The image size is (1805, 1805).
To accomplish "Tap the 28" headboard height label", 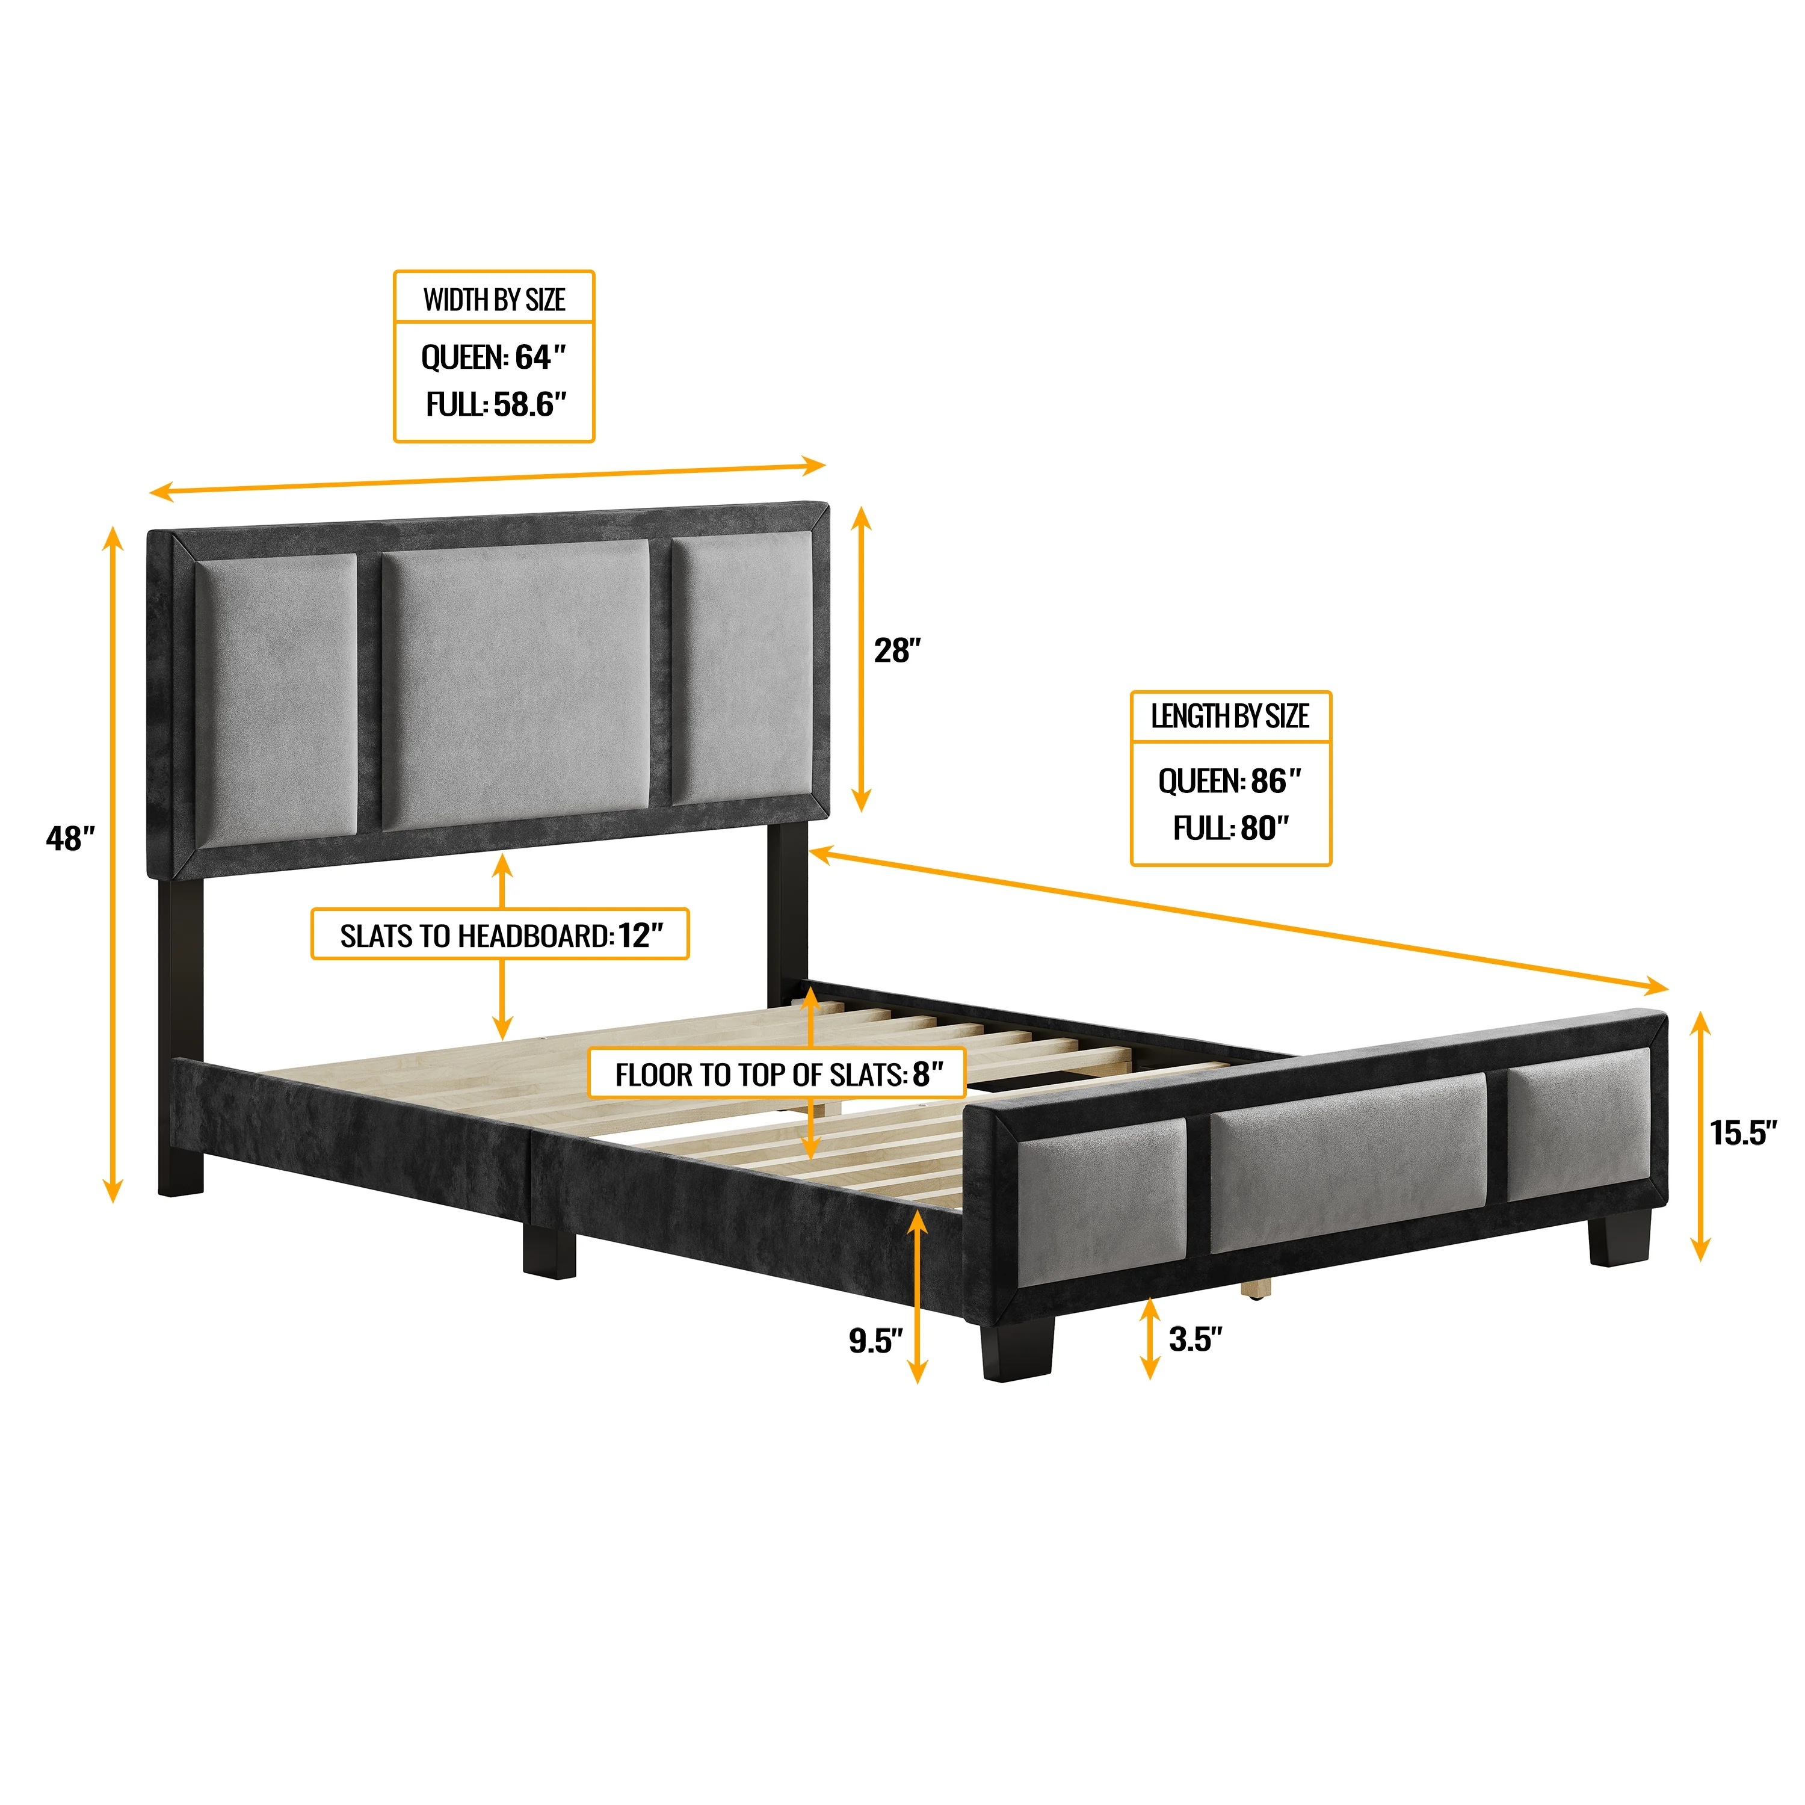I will pyautogui.click(x=897, y=650).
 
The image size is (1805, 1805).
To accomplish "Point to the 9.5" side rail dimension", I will pyautogui.click(x=875, y=1341).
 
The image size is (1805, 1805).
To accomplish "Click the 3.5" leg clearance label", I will pyautogui.click(x=1195, y=1339).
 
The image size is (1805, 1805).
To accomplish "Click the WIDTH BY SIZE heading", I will pyautogui.click(x=494, y=300).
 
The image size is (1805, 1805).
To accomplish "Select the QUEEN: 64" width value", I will pyautogui.click(x=494, y=357).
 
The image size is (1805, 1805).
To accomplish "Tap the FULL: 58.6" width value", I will pyautogui.click(x=496, y=404).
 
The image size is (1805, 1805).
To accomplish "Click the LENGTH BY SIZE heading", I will pyautogui.click(x=1229, y=717).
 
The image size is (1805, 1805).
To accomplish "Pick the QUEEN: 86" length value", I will pyautogui.click(x=1229, y=781).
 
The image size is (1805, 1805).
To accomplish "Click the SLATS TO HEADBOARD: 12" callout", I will pyautogui.click(x=500, y=935).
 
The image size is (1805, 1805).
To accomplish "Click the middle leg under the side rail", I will pyautogui.click(x=548, y=1251).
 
